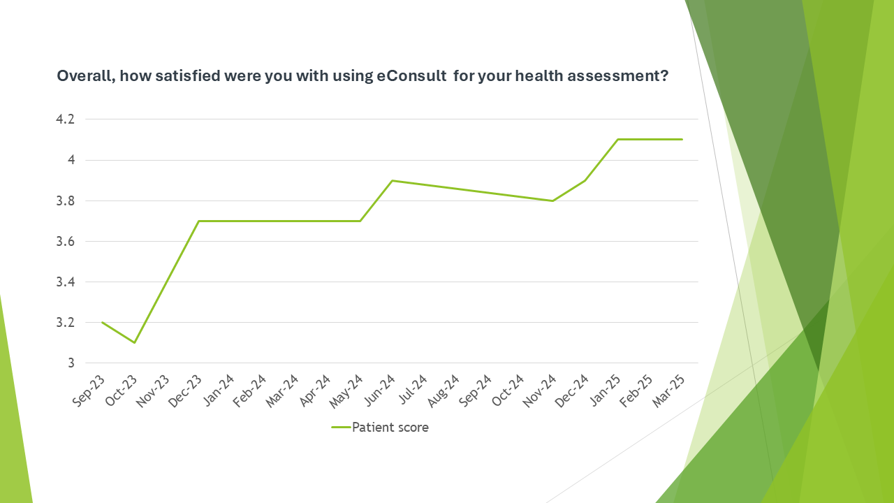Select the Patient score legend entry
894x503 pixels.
380,428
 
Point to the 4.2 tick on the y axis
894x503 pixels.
65,119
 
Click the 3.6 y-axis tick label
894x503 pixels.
65,242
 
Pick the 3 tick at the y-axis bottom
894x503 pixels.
71,363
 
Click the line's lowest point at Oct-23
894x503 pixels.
134,342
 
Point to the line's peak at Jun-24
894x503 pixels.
392,180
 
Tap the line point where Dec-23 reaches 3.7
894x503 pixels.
198,221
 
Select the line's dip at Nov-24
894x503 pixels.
552,201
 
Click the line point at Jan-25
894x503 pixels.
617,140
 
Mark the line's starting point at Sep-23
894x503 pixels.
102,322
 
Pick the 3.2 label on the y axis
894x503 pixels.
65,323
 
